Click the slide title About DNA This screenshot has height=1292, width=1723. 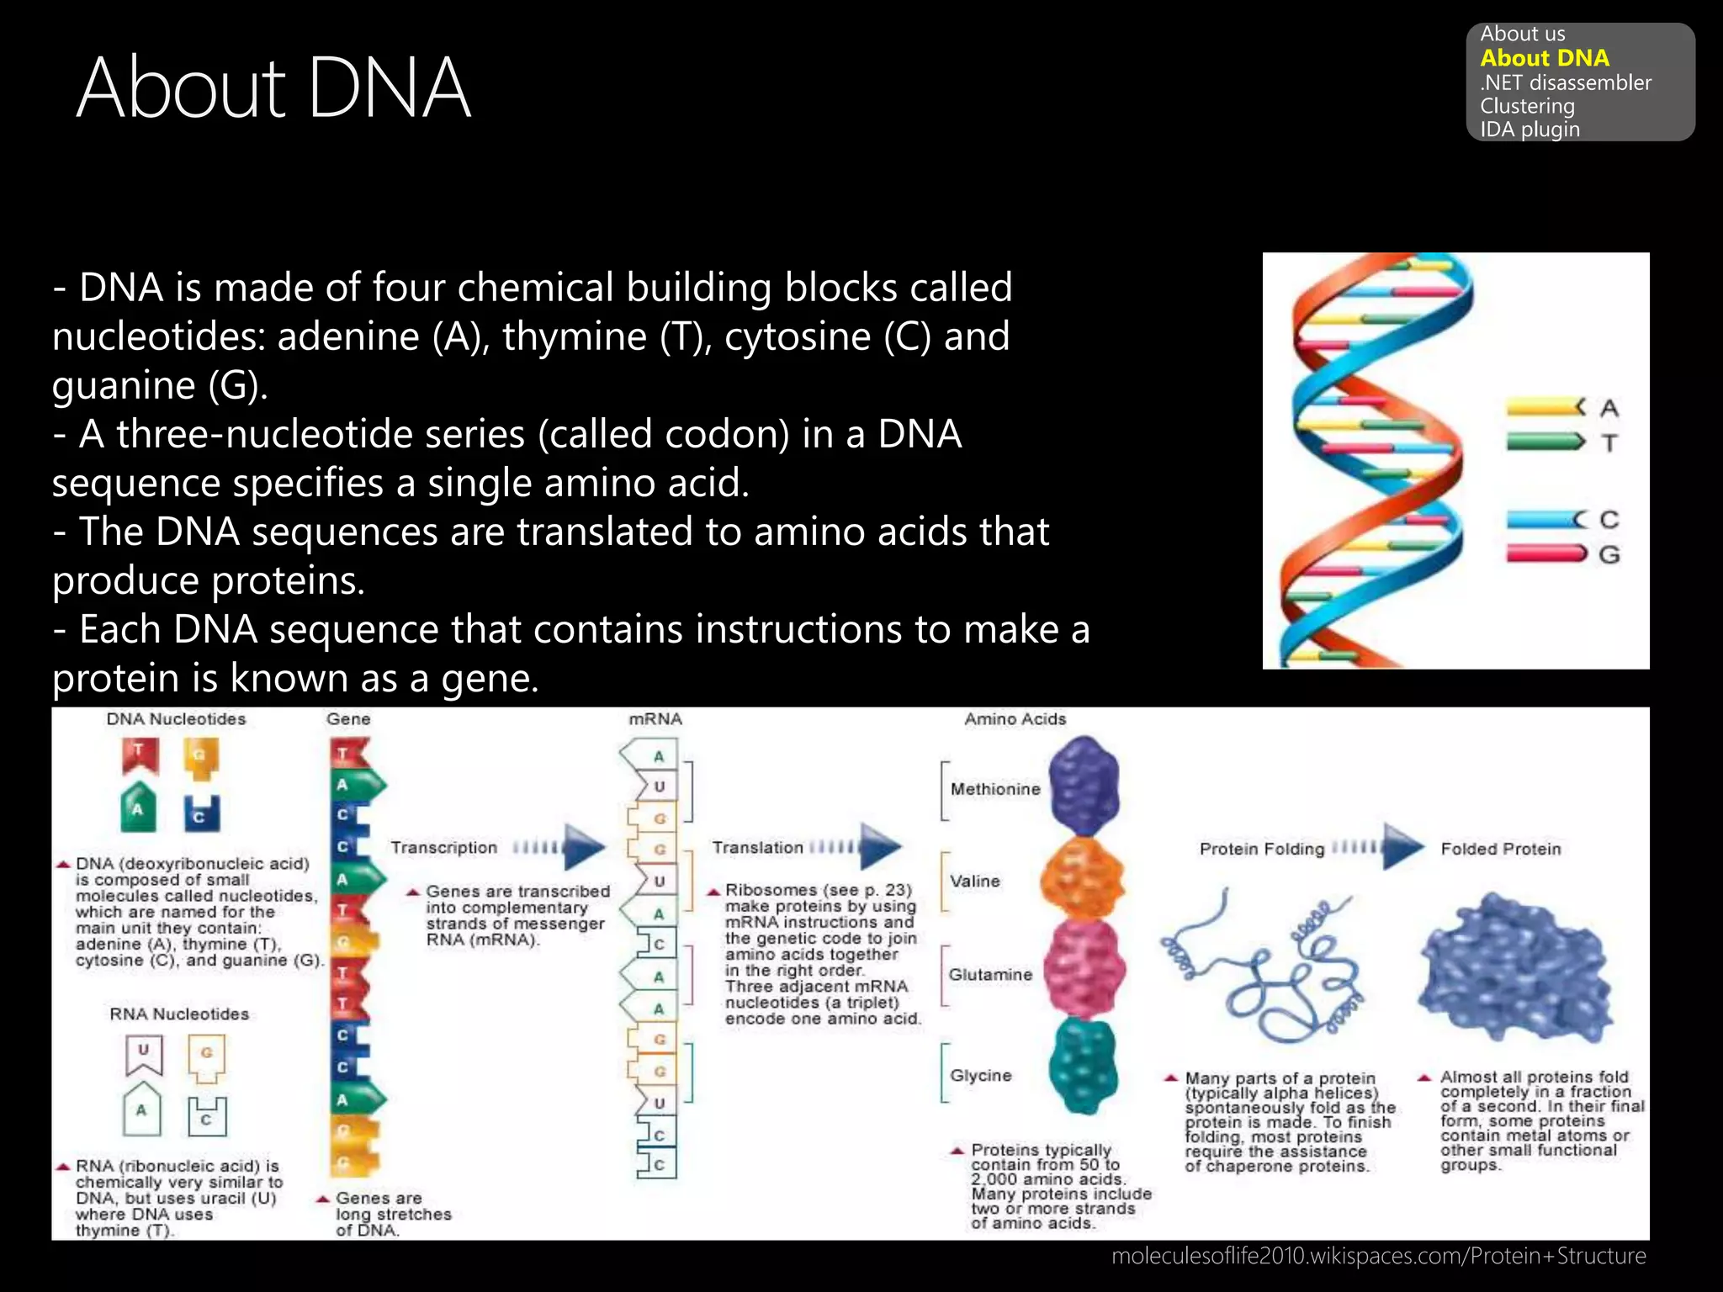pos(273,87)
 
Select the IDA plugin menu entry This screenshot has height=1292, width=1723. pos(1529,130)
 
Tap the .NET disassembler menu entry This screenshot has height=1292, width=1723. pos(1565,82)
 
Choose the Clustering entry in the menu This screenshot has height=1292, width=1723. pos(1526,106)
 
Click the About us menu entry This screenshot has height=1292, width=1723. pos(1522,34)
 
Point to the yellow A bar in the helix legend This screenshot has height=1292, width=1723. pos(1545,408)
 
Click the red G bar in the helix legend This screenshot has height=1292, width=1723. pos(1545,553)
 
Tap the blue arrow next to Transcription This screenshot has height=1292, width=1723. pos(584,846)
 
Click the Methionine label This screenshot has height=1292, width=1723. pos(994,789)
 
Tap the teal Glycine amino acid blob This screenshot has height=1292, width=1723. pos(1083,1064)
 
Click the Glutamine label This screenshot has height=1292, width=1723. pos(989,975)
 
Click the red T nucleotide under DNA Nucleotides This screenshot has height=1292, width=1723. pos(140,755)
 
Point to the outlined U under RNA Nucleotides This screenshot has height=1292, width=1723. pos(144,1054)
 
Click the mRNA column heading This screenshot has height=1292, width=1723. pos(655,719)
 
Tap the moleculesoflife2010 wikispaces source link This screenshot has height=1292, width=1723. pos(1378,1256)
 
